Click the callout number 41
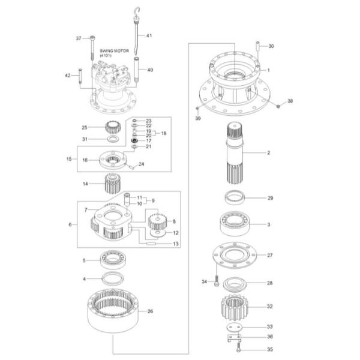149,35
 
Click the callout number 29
271,198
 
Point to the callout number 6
71,224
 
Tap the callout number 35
271,349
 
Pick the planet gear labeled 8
157,223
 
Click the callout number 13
176,244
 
